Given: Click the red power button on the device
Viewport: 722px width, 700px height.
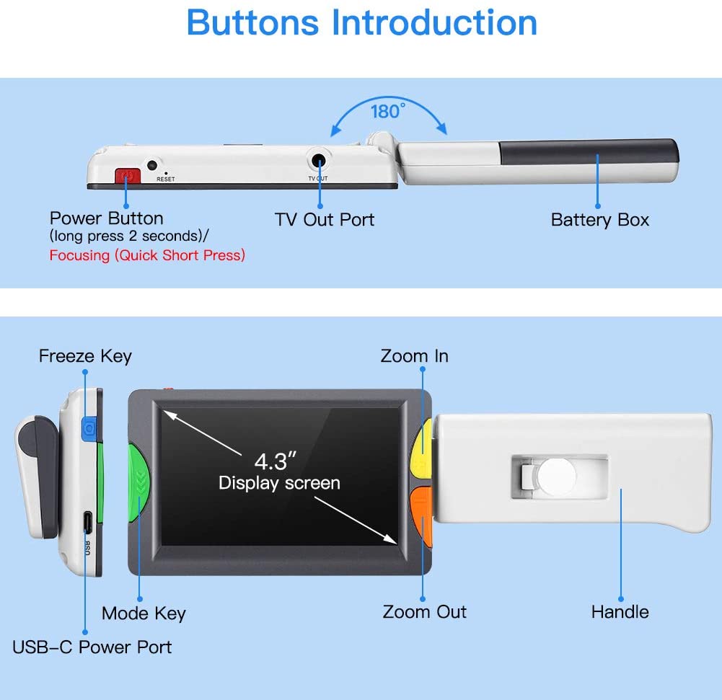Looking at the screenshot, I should (x=126, y=176).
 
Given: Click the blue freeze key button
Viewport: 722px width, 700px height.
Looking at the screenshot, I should (x=89, y=428).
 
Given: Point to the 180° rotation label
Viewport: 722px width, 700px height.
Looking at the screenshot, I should (x=388, y=112).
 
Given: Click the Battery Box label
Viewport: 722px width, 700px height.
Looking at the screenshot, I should (x=599, y=220).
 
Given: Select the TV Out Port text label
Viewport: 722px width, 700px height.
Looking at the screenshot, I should (x=325, y=219).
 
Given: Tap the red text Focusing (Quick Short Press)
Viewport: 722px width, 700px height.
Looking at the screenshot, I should (x=147, y=255).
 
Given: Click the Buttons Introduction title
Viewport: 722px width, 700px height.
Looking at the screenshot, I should (x=361, y=22).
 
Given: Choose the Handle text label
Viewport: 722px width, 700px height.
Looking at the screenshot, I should (x=620, y=612).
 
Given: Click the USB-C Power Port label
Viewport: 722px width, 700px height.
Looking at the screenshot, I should (x=92, y=647).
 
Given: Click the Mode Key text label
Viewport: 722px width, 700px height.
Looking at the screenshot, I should (x=144, y=613).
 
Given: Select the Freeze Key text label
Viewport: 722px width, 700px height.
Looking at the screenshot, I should (x=85, y=356).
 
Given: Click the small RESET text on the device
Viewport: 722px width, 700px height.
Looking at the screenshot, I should (x=165, y=179).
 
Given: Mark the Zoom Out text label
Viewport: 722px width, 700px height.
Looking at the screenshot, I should (x=424, y=612).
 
